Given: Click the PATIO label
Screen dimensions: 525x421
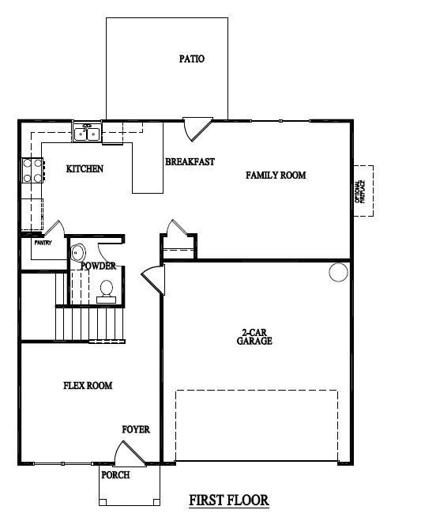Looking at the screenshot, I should [192, 59].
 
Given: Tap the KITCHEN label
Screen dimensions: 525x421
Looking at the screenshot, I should [85, 169].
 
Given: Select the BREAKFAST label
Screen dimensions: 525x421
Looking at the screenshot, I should [190, 162].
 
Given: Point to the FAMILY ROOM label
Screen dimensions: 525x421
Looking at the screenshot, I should [276, 175].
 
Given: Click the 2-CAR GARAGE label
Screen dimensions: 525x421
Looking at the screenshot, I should [254, 338].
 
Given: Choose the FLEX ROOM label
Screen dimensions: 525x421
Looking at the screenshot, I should [88, 386].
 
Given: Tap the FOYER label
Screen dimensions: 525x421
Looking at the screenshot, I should [136, 429].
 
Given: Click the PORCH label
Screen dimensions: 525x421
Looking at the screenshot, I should [116, 475].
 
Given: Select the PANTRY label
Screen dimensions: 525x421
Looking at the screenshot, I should [43, 243].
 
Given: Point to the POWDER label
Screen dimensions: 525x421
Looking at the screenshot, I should [99, 266].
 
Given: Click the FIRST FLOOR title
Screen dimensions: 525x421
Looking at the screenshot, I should [229, 500].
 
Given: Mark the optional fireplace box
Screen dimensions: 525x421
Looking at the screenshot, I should [363, 192].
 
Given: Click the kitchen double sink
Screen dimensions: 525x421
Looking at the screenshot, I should [87, 134].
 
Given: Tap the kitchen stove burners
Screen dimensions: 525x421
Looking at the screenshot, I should [32, 171].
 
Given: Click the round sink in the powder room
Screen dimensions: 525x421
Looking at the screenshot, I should [77, 253].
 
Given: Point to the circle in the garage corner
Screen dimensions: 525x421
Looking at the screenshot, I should [338, 273].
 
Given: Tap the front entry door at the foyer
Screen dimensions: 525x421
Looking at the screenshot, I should [129, 454].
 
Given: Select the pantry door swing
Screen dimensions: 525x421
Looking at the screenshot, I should [54, 227].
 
